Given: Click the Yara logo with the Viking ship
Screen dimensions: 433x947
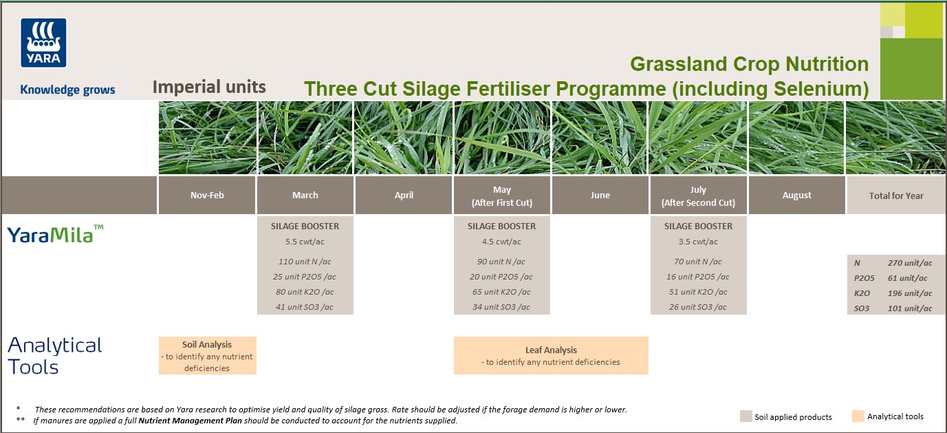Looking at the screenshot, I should [x=44, y=43].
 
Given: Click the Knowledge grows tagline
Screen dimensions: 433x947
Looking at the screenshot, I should [x=67, y=89].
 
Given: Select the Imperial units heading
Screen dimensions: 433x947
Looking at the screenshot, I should [x=208, y=87].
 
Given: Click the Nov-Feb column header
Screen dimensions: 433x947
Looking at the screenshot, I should [x=207, y=196].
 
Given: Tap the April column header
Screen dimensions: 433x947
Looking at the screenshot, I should [x=404, y=196].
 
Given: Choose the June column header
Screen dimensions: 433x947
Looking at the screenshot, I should [x=600, y=196].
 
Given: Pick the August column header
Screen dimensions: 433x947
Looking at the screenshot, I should [x=796, y=196].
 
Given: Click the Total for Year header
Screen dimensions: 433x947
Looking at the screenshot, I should [x=895, y=196].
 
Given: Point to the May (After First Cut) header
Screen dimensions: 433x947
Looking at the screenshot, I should [x=501, y=196].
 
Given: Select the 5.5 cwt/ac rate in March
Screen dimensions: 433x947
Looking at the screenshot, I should [x=305, y=242].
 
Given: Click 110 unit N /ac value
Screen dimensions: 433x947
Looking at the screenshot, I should [x=305, y=262].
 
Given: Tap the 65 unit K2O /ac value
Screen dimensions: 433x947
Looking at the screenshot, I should [x=501, y=292].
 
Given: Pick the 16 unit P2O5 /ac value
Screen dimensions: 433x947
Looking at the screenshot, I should [x=698, y=277].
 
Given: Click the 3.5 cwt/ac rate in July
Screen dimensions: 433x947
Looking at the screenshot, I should [x=698, y=242].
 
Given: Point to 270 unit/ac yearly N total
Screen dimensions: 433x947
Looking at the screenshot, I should [x=908, y=263].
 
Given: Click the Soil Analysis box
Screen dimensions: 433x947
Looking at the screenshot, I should [x=207, y=355].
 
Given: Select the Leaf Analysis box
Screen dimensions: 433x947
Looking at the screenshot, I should [x=551, y=355].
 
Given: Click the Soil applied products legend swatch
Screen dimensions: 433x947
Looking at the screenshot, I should [x=745, y=416].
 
